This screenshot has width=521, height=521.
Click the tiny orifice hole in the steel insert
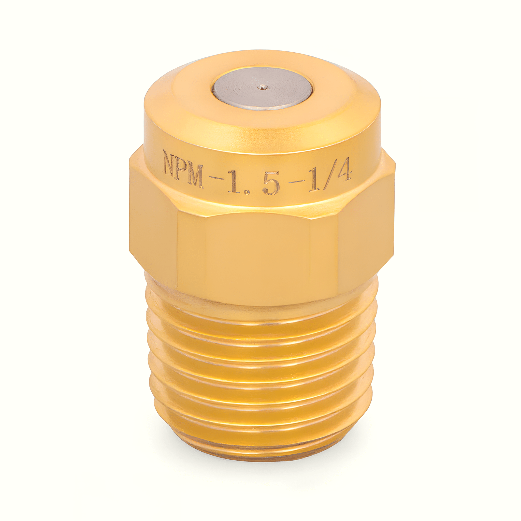coord(262,86)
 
